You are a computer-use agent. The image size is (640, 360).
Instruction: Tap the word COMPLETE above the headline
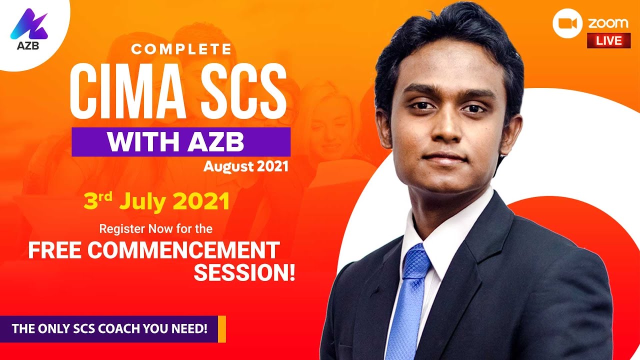point(181,49)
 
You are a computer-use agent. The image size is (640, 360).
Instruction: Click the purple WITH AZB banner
point(181,142)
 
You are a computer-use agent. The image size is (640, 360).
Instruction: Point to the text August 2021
point(246,166)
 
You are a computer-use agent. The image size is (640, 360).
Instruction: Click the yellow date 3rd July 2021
point(156,201)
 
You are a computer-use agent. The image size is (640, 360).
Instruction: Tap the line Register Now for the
point(156,229)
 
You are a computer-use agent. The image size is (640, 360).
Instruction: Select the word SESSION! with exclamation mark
point(244,272)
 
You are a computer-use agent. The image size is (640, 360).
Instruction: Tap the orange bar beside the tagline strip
point(222,329)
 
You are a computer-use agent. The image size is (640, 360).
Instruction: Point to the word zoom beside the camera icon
point(608,23)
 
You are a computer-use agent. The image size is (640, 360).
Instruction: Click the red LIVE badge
point(608,40)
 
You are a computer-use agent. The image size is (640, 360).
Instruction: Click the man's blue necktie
point(407,310)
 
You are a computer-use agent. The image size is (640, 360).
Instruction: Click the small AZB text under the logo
point(28,45)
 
